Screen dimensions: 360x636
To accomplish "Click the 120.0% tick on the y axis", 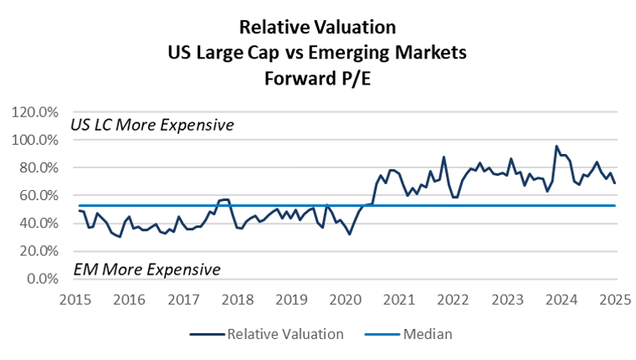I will click(x=36, y=112).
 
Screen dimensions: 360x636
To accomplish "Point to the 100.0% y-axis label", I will click(x=36, y=140).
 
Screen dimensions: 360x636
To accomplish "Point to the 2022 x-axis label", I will click(x=453, y=299).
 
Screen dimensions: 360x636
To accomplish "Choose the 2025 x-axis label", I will click(x=615, y=299).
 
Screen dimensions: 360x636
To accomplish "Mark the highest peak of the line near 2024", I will click(x=556, y=147).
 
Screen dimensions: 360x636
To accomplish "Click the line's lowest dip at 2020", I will click(x=349, y=234).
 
